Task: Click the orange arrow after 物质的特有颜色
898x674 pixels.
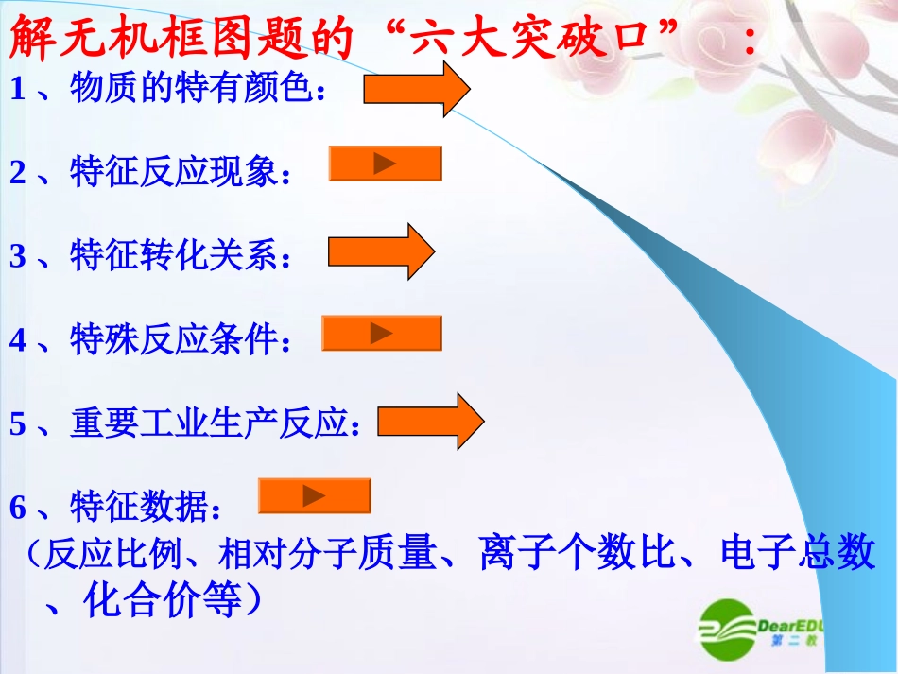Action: (416, 90)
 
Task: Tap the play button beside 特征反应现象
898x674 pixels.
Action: (385, 164)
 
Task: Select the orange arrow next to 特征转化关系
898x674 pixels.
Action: (380, 251)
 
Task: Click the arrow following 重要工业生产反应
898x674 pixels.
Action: (431, 421)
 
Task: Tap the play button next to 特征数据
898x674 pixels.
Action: (314, 495)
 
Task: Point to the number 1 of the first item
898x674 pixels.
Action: (17, 90)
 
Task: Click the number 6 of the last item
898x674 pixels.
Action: (17, 509)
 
